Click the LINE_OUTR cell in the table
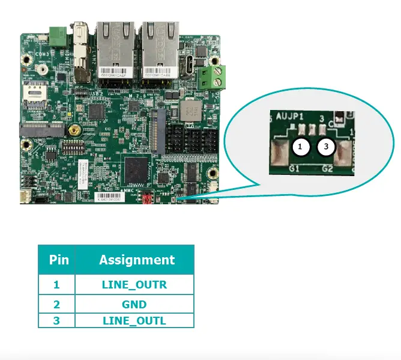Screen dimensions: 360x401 tap(134, 284)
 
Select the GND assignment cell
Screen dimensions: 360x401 tap(134, 304)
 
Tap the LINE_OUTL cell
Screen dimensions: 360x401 tap(134, 320)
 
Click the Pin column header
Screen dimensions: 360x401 tap(59, 260)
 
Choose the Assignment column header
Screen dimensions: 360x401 tap(137, 260)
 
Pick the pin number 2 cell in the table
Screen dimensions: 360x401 tap(56, 304)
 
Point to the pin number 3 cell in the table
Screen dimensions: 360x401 tap(56, 320)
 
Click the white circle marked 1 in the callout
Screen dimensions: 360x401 tap(301, 146)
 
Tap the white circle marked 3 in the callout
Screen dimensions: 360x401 tap(326, 146)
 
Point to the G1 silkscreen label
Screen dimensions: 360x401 tap(295, 168)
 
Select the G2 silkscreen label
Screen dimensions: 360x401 tap(327, 168)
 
